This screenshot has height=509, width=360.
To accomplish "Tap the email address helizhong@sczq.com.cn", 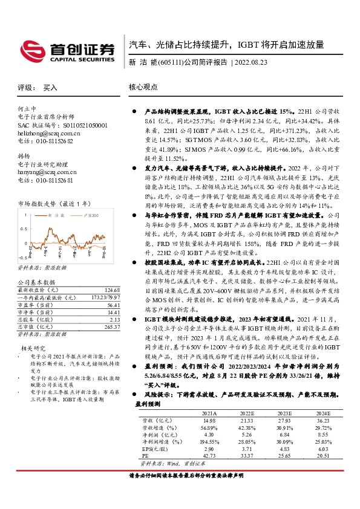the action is pyautogui.click(x=49, y=132).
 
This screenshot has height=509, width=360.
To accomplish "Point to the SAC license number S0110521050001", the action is pyautogui.click(x=70, y=125).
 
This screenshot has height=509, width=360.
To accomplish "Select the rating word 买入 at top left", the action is pyautogui.click(x=50, y=87).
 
